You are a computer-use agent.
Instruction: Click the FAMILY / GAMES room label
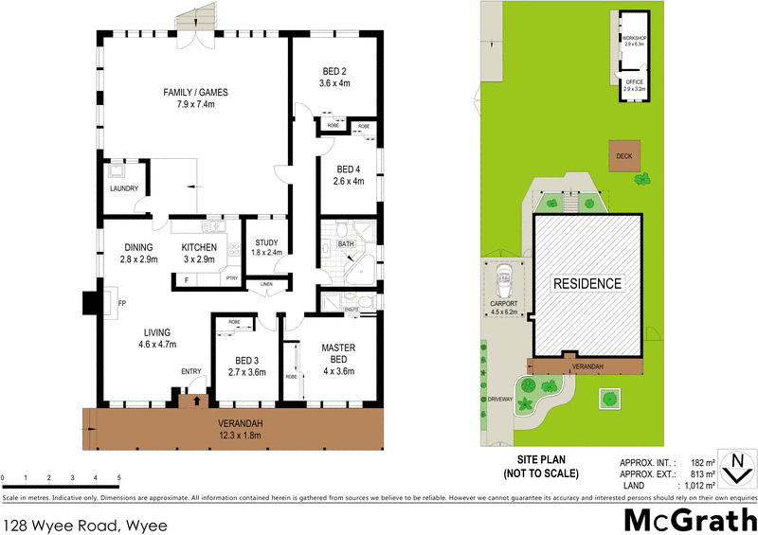coord(196,92)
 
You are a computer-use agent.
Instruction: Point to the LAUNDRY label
coord(123,188)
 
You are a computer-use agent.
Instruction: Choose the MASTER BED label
coord(337,353)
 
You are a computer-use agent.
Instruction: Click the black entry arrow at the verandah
coord(196,401)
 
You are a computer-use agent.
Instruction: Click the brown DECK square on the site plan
coord(623,156)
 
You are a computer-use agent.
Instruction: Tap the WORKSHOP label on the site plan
coord(634,38)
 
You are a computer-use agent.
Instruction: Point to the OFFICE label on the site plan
coord(634,82)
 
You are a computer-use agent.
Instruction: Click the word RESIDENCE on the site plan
coord(588,283)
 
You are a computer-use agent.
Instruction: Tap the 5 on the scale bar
coord(118,477)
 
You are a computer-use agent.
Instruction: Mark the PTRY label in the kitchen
coord(232,277)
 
